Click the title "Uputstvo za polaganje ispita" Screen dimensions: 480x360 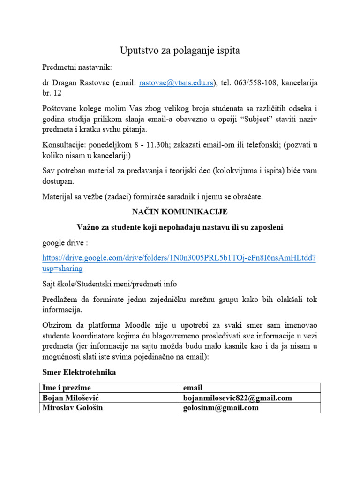(180, 51)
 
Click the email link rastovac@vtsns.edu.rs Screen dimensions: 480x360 (176, 83)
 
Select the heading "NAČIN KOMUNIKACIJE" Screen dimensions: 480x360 (180, 212)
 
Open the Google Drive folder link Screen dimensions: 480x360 (179, 258)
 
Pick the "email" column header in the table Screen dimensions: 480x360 (193, 388)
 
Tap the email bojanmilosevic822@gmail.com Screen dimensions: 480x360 (238, 398)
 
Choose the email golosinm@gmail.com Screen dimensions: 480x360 (221, 408)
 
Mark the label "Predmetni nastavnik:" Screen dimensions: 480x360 (77, 67)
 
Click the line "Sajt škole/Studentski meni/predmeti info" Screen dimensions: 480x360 (110, 284)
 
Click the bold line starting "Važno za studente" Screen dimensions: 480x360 (180, 227)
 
